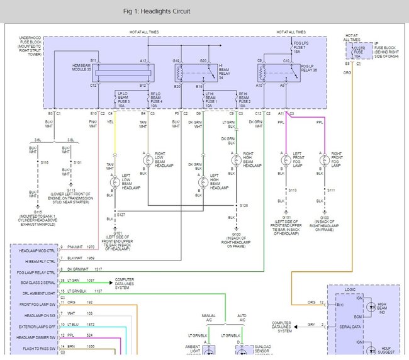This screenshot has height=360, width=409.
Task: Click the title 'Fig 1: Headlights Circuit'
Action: pos(154,11)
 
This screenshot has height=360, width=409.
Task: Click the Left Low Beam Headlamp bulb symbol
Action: pos(115,182)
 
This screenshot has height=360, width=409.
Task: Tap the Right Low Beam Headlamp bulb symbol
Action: pos(147,157)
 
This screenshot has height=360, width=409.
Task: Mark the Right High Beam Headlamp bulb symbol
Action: pos(235,157)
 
